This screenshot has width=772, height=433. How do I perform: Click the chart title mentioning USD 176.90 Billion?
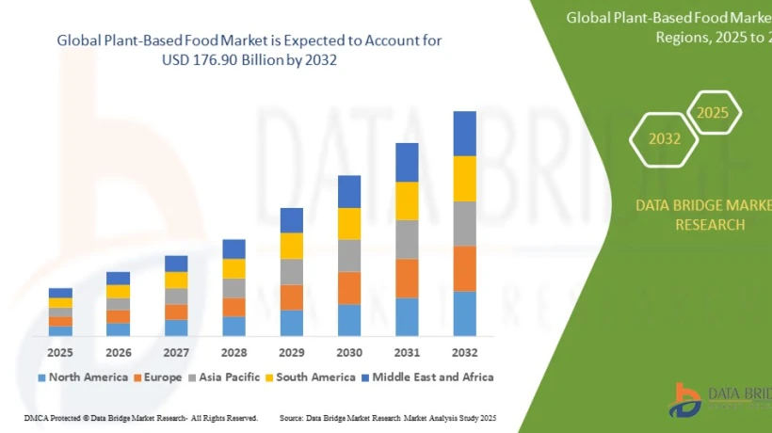249,50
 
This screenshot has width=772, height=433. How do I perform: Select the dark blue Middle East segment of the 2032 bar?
464,133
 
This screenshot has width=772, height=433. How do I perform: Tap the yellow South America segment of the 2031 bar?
407,200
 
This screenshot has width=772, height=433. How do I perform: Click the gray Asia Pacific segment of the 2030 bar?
349,255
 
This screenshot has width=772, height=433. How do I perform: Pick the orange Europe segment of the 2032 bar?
464,268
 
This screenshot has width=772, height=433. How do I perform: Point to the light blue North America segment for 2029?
292,323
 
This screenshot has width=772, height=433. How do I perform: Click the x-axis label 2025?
60,352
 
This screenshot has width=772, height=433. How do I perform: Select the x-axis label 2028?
233,352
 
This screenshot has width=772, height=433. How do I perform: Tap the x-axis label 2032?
464,352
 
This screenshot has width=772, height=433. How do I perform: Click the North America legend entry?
83,377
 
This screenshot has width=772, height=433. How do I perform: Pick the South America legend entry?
314,377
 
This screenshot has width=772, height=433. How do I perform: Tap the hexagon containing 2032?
664,138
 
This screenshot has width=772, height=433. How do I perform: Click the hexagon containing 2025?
713,113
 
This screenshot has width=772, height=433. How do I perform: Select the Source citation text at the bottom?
388,417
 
